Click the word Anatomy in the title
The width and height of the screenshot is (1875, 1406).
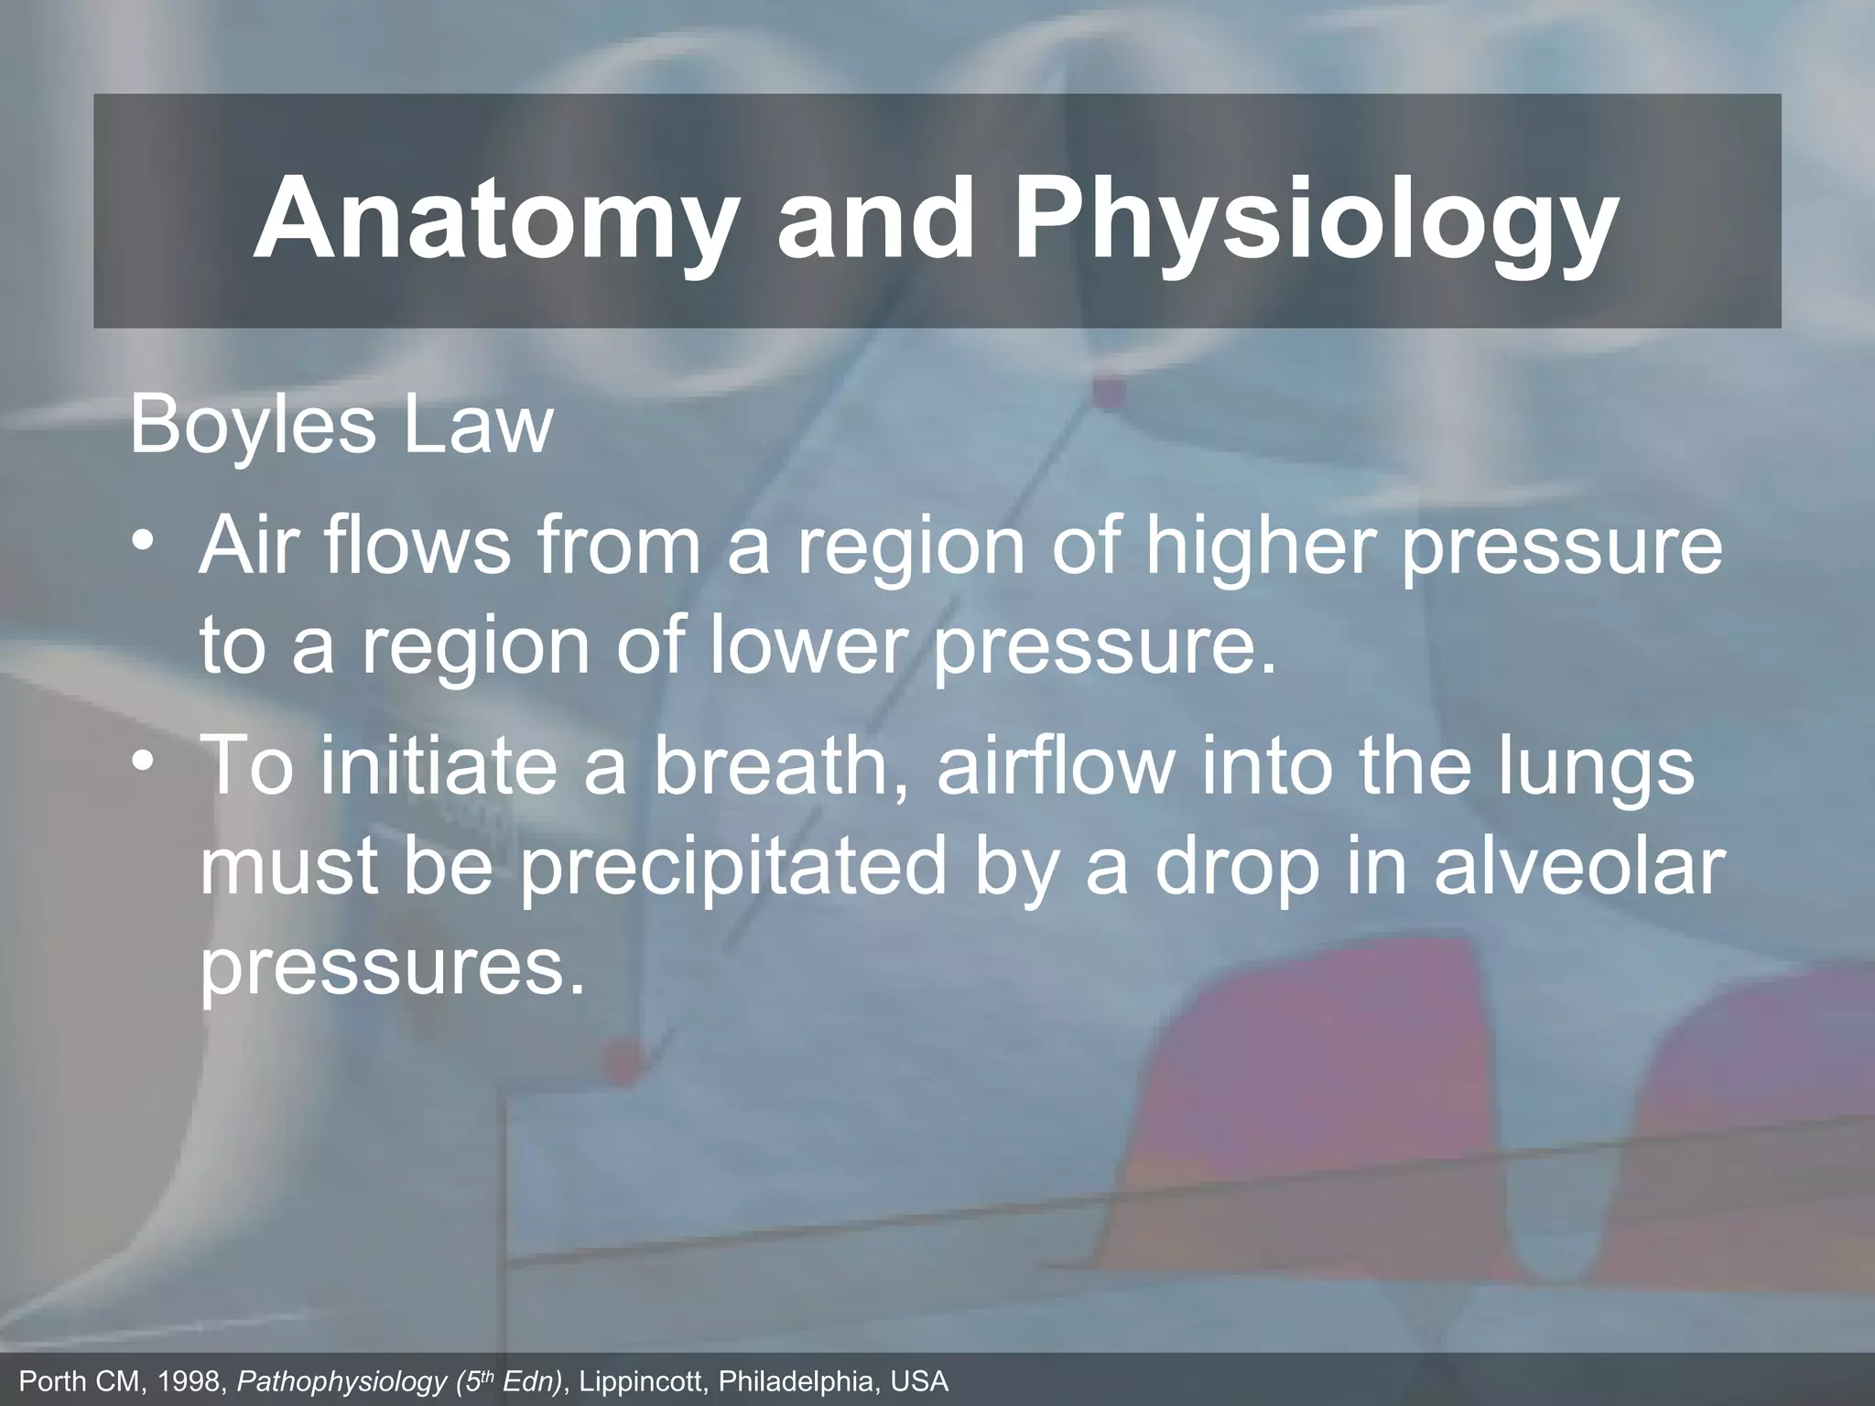tap(494, 220)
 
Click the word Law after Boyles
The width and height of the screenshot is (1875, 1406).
tap(478, 425)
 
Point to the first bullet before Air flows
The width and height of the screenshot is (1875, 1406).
tap(144, 540)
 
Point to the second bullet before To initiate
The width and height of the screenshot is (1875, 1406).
tap(144, 760)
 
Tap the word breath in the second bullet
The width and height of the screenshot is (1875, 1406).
tap(778, 766)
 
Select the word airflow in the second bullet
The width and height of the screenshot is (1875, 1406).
tap(1053, 766)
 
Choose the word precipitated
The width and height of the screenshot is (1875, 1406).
tap(732, 868)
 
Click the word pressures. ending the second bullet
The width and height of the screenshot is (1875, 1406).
tap(392, 968)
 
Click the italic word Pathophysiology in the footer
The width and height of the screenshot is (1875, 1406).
tap(341, 1381)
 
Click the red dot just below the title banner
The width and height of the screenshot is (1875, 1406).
tap(1108, 393)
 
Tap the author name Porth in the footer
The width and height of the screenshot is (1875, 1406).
tap(53, 1380)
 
